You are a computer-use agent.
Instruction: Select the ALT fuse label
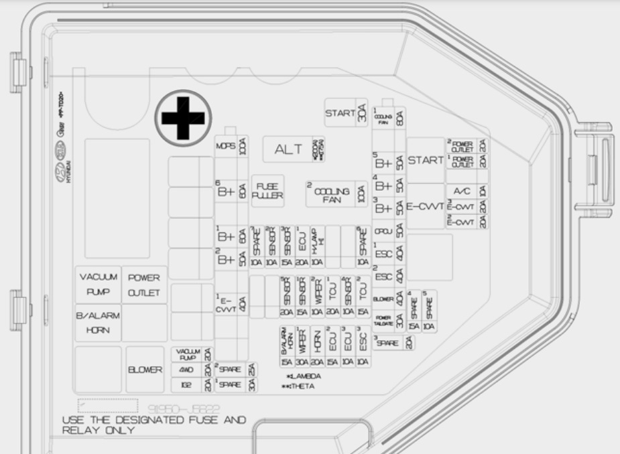point(289,150)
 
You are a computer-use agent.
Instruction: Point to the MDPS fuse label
point(225,147)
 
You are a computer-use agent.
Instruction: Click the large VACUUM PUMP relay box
point(99,285)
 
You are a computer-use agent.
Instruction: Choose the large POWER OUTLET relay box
point(145,285)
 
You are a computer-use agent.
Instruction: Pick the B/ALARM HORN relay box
point(98,323)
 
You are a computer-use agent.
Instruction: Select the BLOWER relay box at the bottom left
point(145,369)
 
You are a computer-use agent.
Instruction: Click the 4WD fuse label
point(187,369)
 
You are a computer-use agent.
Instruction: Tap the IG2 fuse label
point(187,384)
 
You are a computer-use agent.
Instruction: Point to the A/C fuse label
point(461,190)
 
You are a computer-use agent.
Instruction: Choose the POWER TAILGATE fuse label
point(383,320)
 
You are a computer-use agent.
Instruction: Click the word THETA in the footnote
point(303,386)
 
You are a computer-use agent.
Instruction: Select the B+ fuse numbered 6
point(226,190)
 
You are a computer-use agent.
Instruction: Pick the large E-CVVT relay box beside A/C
point(425,208)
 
